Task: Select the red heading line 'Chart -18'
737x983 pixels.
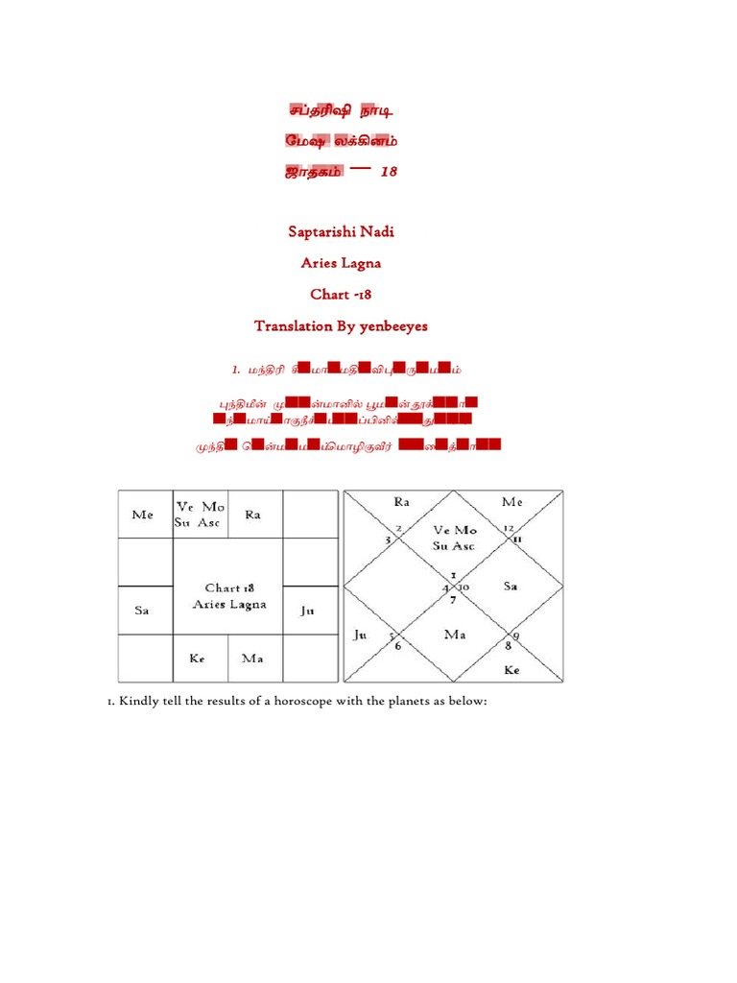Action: point(341,295)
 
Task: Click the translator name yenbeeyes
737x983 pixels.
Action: point(394,326)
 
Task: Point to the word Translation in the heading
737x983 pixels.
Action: point(292,326)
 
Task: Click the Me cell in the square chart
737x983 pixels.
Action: point(142,515)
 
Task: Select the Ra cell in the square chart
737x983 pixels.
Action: point(253,515)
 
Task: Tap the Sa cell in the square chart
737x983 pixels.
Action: point(142,611)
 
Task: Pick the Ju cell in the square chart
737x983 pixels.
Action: point(308,610)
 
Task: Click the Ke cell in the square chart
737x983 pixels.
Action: point(200,659)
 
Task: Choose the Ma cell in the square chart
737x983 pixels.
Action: point(253,659)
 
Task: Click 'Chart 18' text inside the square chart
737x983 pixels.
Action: point(228,587)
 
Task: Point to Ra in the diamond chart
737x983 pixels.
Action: point(400,501)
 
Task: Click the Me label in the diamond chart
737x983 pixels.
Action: point(512,501)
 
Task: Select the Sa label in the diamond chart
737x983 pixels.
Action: point(511,586)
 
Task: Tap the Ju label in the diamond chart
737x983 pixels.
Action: point(361,635)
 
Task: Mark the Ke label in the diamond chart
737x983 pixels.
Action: point(511,670)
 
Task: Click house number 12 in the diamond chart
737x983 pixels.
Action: point(508,528)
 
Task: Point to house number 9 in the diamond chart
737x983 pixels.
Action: point(517,636)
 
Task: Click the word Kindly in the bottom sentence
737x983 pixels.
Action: point(138,701)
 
